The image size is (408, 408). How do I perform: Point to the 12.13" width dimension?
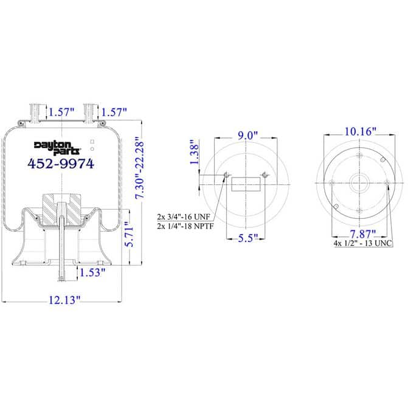pos(61,299)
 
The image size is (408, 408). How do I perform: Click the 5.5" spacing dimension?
pos(247,237)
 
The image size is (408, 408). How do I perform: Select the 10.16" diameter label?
pos(359,132)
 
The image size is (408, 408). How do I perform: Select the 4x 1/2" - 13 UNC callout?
pos(363,243)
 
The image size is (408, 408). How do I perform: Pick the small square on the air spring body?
pos(92,141)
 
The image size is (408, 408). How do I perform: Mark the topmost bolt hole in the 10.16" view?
pos(359,156)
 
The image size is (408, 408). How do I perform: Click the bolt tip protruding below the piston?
pos(61,278)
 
